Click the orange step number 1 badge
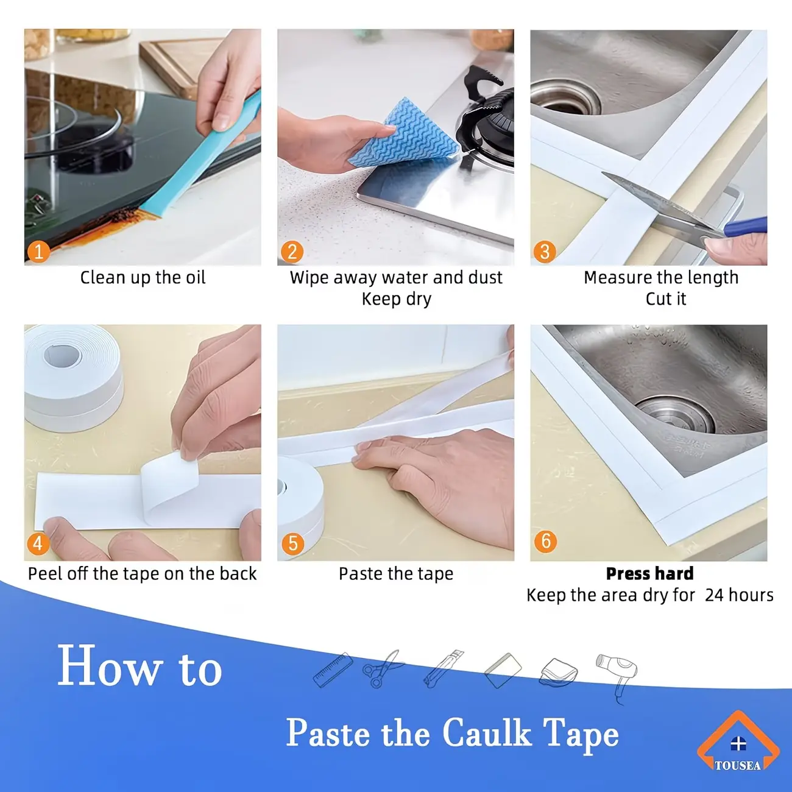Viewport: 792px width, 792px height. click(38, 252)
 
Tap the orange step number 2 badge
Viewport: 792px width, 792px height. click(292, 252)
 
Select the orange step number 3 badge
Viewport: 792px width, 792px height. click(545, 252)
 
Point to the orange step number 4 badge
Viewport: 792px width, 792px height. click(38, 543)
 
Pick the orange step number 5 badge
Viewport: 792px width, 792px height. click(292, 543)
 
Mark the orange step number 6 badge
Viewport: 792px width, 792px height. click(545, 541)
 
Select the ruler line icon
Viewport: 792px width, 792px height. click(333, 670)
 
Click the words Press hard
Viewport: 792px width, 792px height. click(649, 573)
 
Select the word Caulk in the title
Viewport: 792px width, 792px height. click(487, 733)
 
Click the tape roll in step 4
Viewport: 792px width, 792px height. click(73, 378)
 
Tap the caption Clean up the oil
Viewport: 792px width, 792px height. click(143, 277)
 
